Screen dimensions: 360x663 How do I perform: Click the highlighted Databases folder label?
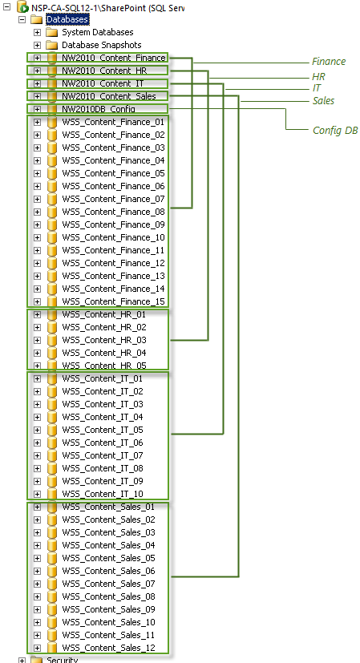pyautogui.click(x=67, y=19)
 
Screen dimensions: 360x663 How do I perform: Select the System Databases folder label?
pyautogui.click(x=98, y=32)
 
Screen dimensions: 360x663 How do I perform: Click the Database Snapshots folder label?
pyautogui.click(x=102, y=45)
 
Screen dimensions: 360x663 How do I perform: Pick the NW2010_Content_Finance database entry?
pyautogui.click(x=113, y=58)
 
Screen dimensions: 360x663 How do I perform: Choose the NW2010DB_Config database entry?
pyautogui.click(x=99, y=109)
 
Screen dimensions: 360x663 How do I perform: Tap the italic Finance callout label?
pyautogui.click(x=329, y=62)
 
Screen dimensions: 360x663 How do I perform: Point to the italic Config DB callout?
pyautogui.click(x=335, y=131)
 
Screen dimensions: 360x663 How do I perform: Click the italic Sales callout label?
pyautogui.click(x=324, y=101)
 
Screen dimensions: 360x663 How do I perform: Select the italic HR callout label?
pyautogui.click(x=318, y=77)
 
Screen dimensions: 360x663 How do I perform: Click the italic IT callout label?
pyautogui.click(x=317, y=88)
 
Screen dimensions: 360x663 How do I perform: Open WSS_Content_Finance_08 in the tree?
pyautogui.click(x=113, y=212)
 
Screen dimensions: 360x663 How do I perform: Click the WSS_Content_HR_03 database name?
pyautogui.click(x=104, y=340)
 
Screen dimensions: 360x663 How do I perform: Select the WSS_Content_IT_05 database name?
pyautogui.click(x=103, y=430)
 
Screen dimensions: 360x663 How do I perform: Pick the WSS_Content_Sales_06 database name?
pyautogui.click(x=109, y=571)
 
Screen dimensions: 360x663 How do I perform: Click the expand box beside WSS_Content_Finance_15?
pyautogui.click(x=37, y=301)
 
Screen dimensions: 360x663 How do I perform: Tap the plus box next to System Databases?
pyautogui.click(x=37, y=33)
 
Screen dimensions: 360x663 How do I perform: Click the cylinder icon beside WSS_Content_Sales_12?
pyautogui.click(x=51, y=648)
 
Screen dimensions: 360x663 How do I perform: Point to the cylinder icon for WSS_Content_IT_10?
pyautogui.click(x=51, y=494)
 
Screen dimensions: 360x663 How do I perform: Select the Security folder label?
pyautogui.click(x=63, y=660)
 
